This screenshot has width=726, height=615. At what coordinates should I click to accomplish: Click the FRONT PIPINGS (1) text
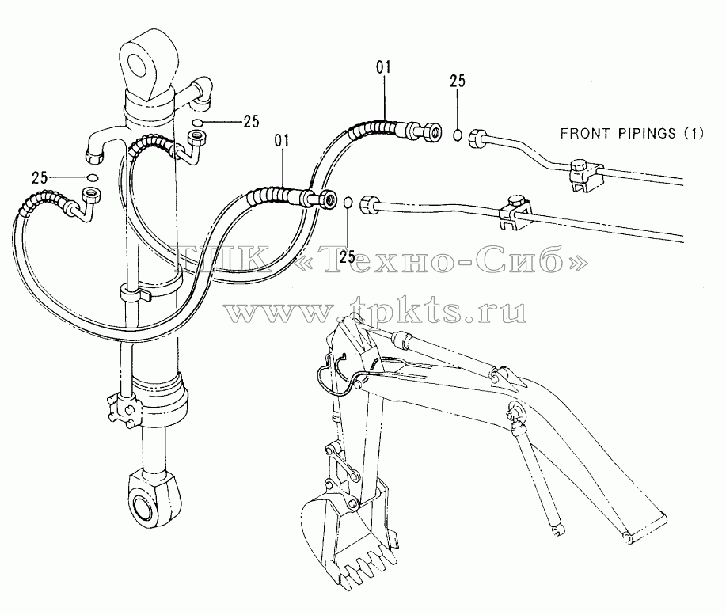click(x=632, y=134)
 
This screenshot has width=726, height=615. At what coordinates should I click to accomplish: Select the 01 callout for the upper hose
click(x=383, y=67)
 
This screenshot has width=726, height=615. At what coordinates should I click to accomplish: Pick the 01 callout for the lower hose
click(x=282, y=140)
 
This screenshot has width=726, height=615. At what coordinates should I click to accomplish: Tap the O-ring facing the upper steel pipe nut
click(x=458, y=135)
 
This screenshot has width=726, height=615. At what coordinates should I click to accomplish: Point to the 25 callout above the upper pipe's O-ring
click(x=458, y=81)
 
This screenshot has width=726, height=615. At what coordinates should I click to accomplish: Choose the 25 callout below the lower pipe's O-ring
click(x=348, y=256)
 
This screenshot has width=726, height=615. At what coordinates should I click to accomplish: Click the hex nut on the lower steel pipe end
click(x=370, y=203)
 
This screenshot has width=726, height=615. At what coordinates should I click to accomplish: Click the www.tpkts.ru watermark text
click(x=376, y=309)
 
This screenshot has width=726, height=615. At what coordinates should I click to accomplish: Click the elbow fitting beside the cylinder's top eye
click(x=202, y=92)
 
